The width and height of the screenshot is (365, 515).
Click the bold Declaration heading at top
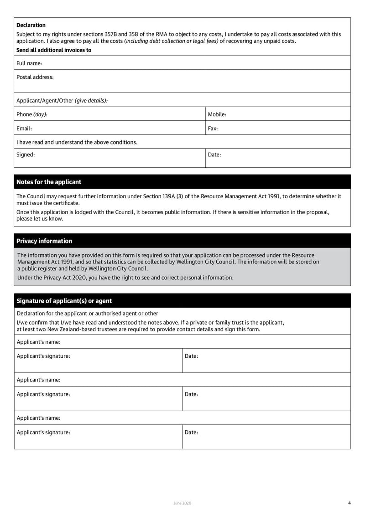(x=31, y=25)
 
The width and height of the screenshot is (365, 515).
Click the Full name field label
(x=29, y=63)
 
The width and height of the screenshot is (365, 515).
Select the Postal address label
(x=35, y=77)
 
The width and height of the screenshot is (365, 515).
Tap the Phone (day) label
(x=32, y=114)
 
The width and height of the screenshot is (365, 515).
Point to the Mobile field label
(x=217, y=114)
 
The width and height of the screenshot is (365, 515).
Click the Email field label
(x=24, y=129)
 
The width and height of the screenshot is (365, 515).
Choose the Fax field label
(x=213, y=129)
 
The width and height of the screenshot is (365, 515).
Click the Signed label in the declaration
(x=26, y=154)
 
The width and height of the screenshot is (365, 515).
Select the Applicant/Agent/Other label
(x=62, y=100)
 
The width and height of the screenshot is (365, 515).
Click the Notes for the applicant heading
(x=49, y=182)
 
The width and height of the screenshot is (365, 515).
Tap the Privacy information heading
(x=44, y=241)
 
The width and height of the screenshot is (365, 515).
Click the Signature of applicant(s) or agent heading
(x=64, y=301)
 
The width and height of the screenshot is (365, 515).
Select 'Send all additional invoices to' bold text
(x=54, y=50)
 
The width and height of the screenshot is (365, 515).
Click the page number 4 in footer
(x=349, y=503)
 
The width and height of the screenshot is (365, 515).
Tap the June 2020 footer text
(x=182, y=503)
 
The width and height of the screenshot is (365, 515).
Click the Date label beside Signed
(x=214, y=154)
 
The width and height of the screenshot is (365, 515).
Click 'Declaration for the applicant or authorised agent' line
(x=87, y=314)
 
